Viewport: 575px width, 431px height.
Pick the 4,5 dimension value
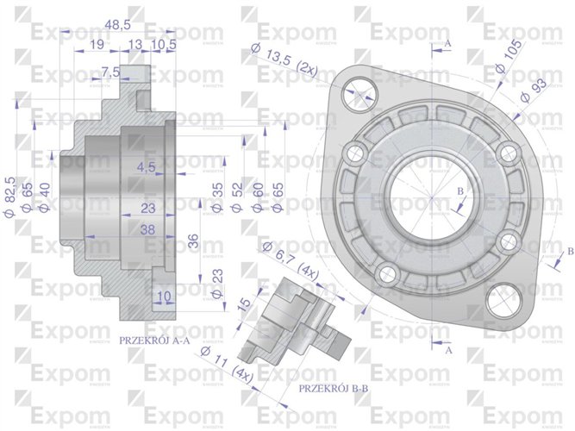146,166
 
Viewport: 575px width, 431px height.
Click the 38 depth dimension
148,230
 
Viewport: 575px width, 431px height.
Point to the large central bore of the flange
430,197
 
